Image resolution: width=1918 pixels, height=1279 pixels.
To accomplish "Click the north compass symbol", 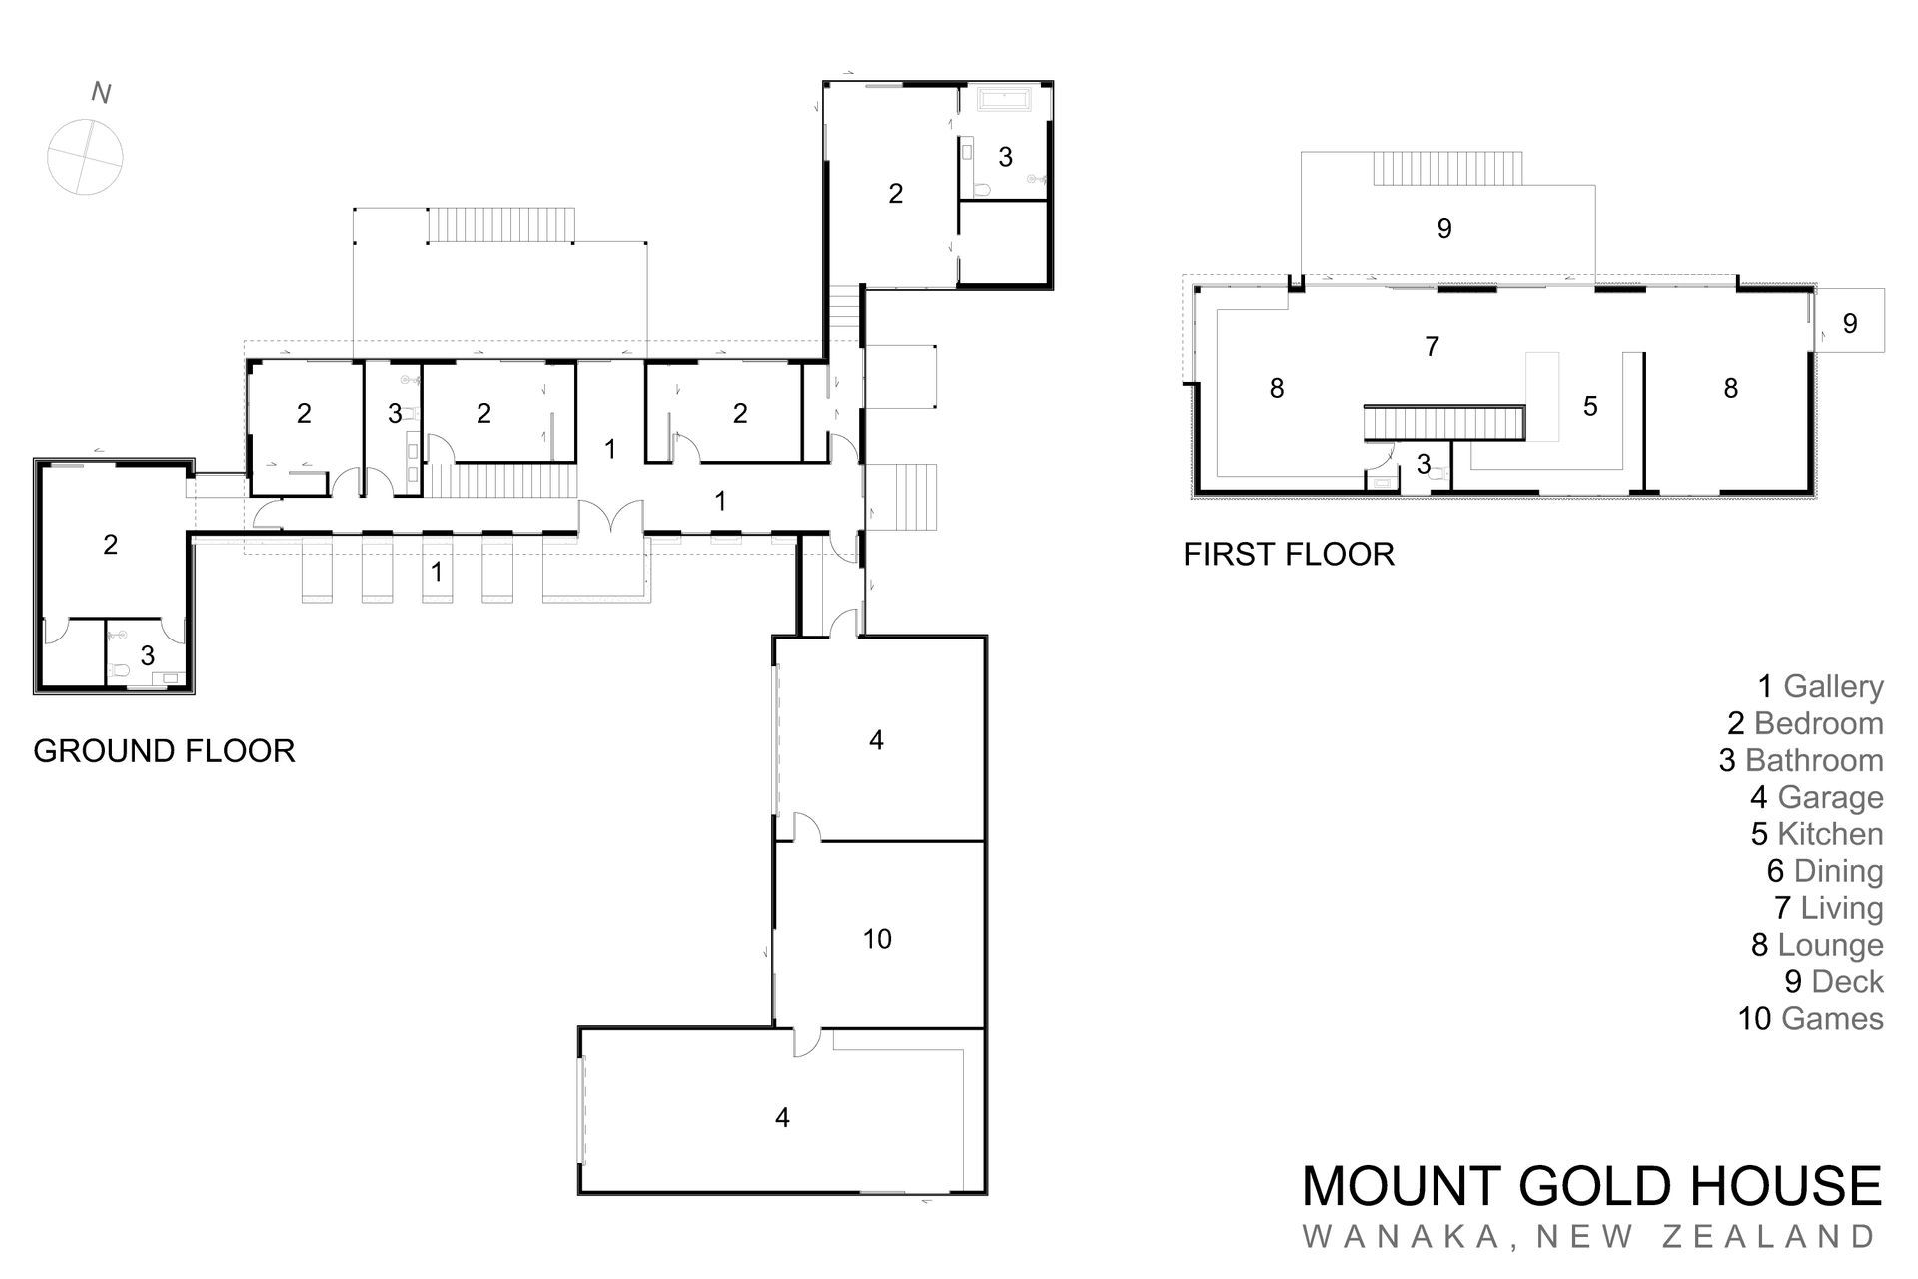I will [85, 157].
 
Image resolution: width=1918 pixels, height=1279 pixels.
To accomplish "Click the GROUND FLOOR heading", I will [164, 751].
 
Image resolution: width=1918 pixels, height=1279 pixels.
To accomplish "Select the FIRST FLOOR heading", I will [1289, 554].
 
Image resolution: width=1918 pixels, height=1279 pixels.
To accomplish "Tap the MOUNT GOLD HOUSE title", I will [1591, 1186].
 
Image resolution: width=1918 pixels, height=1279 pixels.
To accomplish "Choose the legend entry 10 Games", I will [1810, 1018].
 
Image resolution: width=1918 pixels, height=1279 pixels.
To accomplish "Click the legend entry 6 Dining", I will [1824, 870].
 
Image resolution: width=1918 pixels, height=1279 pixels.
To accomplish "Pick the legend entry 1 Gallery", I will [1820, 686].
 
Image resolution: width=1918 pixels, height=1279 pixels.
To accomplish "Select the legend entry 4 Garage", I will [1816, 797].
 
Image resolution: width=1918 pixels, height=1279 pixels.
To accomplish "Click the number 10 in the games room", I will [876, 939].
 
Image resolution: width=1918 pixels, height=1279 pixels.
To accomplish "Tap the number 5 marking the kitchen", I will [1590, 406].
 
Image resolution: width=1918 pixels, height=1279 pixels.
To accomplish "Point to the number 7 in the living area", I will [1432, 346].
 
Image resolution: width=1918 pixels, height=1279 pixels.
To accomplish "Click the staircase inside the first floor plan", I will [1443, 422].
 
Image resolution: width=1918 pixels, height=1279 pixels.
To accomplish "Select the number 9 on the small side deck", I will [1849, 323].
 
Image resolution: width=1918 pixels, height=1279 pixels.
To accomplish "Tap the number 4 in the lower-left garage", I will [782, 1117].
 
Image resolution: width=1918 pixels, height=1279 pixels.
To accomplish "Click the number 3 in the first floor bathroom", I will [1423, 464].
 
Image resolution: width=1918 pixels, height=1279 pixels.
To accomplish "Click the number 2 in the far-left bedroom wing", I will [111, 544].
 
